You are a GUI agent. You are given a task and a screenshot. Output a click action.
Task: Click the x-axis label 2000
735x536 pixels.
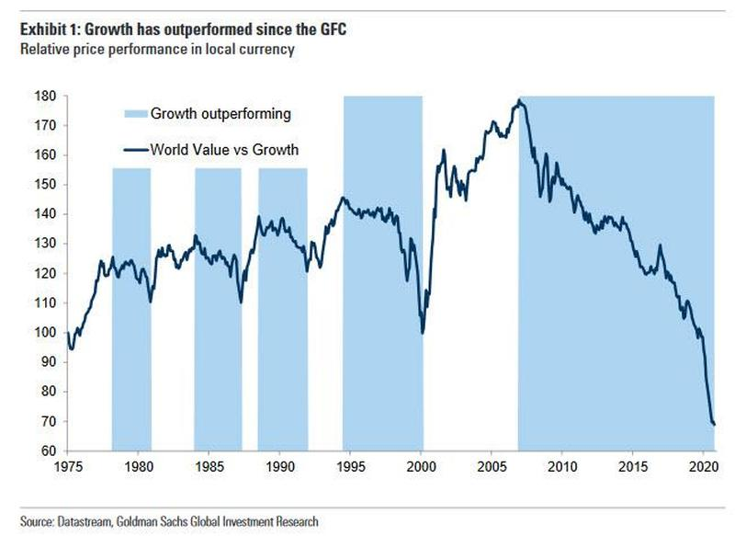[x=421, y=467]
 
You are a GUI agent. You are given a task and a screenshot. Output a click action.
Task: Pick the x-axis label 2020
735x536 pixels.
[x=703, y=467]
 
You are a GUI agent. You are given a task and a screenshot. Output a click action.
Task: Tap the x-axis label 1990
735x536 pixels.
[x=280, y=467]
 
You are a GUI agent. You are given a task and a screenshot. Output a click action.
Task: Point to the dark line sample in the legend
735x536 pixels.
[x=136, y=150]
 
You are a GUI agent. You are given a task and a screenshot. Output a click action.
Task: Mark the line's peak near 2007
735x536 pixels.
[x=521, y=100]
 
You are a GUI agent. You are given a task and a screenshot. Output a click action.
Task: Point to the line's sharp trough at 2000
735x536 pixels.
[x=423, y=332]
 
